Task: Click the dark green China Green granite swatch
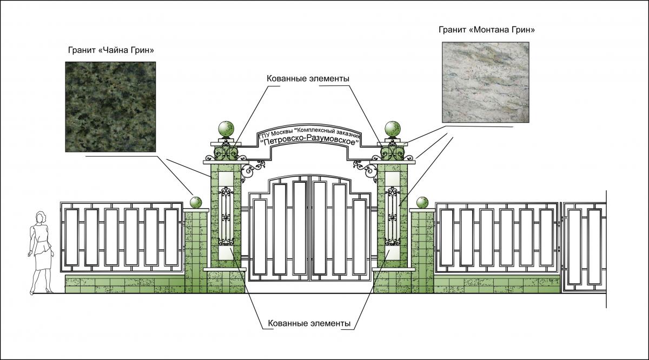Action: (x=111, y=106)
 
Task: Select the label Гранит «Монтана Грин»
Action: (x=487, y=30)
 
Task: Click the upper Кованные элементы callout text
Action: (x=308, y=78)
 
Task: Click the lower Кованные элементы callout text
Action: (x=309, y=323)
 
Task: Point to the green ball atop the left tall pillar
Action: (x=226, y=130)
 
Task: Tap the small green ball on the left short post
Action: (x=196, y=203)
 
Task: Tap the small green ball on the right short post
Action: (x=422, y=203)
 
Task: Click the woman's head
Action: (x=40, y=217)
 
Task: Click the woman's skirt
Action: (x=42, y=259)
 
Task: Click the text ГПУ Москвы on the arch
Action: (x=274, y=134)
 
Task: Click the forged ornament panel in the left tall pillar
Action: (x=226, y=216)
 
